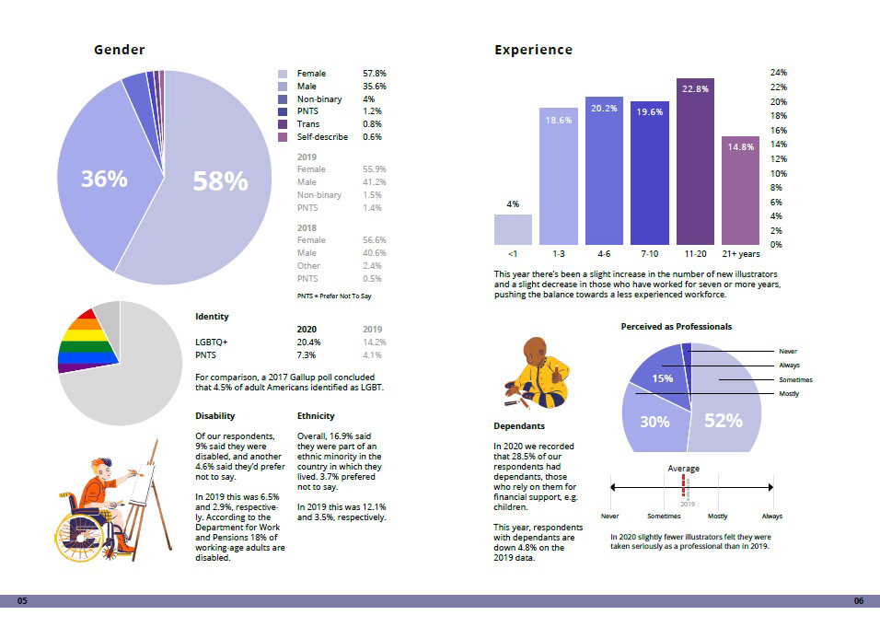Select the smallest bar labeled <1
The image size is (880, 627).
(513, 229)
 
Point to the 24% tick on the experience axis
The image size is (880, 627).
(778, 73)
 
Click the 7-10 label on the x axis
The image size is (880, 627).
(649, 252)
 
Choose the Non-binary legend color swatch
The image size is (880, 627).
(284, 99)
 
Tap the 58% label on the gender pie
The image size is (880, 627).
(220, 182)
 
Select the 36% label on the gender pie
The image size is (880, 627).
(104, 180)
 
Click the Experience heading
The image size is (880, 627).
(533, 51)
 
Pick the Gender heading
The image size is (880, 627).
(120, 50)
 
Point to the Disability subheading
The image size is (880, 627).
(215, 416)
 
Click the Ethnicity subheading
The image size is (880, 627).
(316, 416)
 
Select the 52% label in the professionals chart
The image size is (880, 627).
(724, 421)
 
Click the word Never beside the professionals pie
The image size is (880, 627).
(788, 352)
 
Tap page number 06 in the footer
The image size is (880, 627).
(859, 601)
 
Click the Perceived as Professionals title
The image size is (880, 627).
(677, 327)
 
